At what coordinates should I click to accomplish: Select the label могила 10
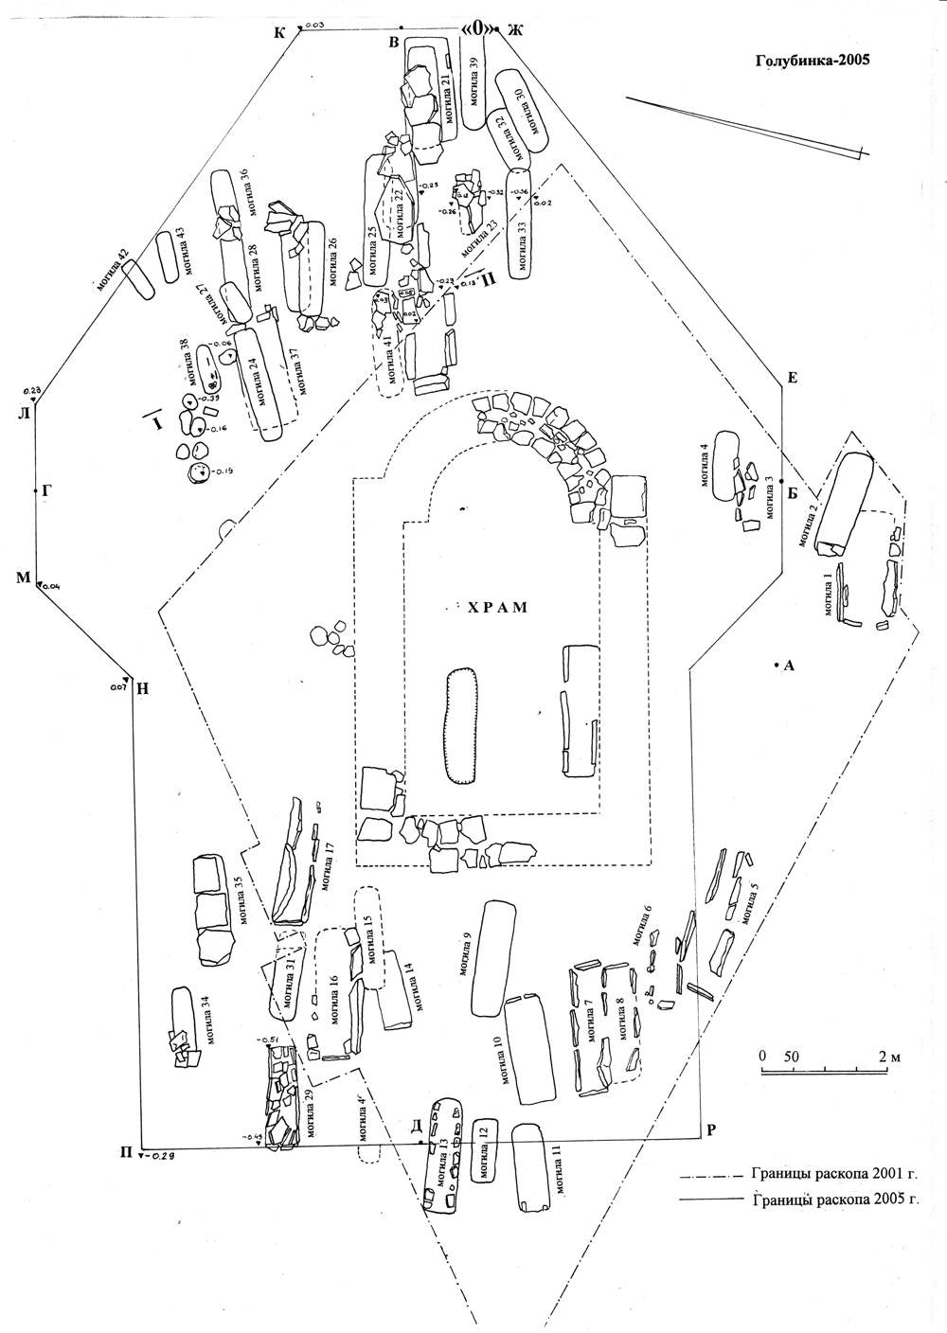pos(496,1061)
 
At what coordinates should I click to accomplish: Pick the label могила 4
pos(704,464)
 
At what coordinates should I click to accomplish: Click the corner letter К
pos(279,34)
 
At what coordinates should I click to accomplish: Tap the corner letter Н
pos(141,689)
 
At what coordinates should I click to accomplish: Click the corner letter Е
pos(793,379)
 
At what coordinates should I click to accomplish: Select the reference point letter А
pos(789,666)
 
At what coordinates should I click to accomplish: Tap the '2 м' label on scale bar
pos(886,1056)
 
